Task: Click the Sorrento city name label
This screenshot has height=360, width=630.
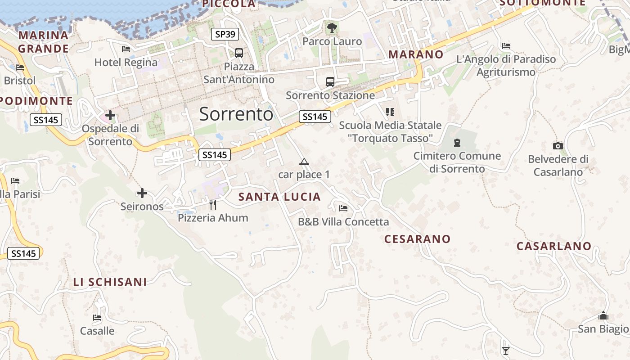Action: (x=236, y=114)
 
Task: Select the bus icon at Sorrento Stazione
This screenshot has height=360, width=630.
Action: (x=330, y=82)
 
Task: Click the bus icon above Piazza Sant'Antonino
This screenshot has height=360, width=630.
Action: (x=238, y=53)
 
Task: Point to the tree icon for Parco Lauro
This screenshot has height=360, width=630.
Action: (x=332, y=28)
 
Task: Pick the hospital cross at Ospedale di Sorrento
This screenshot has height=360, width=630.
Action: (x=110, y=115)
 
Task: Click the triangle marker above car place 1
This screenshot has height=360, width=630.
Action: (x=304, y=162)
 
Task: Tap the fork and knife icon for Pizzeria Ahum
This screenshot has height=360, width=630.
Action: (x=213, y=205)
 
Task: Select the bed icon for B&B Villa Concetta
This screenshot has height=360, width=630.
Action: (x=343, y=208)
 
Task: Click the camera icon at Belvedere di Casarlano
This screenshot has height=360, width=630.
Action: (x=558, y=146)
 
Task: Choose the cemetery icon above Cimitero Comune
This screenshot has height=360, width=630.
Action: (x=457, y=143)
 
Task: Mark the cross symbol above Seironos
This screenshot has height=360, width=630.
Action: (x=142, y=193)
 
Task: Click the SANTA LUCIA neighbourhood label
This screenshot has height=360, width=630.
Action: (x=279, y=197)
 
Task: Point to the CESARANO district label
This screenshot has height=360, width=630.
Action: (x=417, y=239)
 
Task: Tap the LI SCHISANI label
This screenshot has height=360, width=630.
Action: (x=110, y=282)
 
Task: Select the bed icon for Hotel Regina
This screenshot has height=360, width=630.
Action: (x=126, y=49)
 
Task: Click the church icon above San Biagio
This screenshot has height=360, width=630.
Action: (x=603, y=315)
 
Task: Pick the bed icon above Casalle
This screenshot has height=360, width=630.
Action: (x=97, y=317)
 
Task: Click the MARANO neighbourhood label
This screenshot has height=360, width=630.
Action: (x=416, y=54)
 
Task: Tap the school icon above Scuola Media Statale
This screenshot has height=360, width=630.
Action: (x=390, y=112)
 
